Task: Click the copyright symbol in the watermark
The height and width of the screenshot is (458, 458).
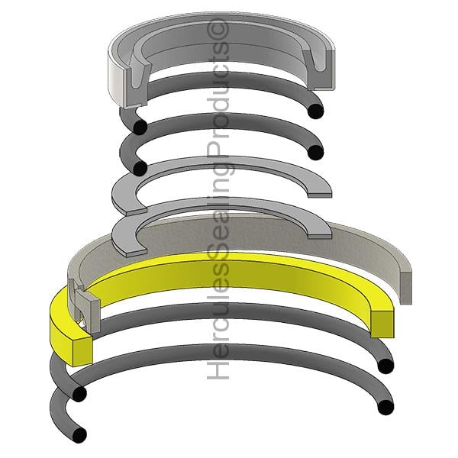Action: [x=218, y=30]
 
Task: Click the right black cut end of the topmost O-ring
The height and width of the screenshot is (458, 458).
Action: [x=315, y=111]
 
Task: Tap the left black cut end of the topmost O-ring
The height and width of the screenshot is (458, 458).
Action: [x=140, y=127]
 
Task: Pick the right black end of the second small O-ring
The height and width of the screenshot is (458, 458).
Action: [x=315, y=152]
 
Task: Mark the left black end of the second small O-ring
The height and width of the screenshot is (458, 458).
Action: [x=140, y=168]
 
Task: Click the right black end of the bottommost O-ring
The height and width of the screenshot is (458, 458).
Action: [x=385, y=407]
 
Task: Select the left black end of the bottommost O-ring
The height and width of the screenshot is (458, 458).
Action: [x=79, y=435]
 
